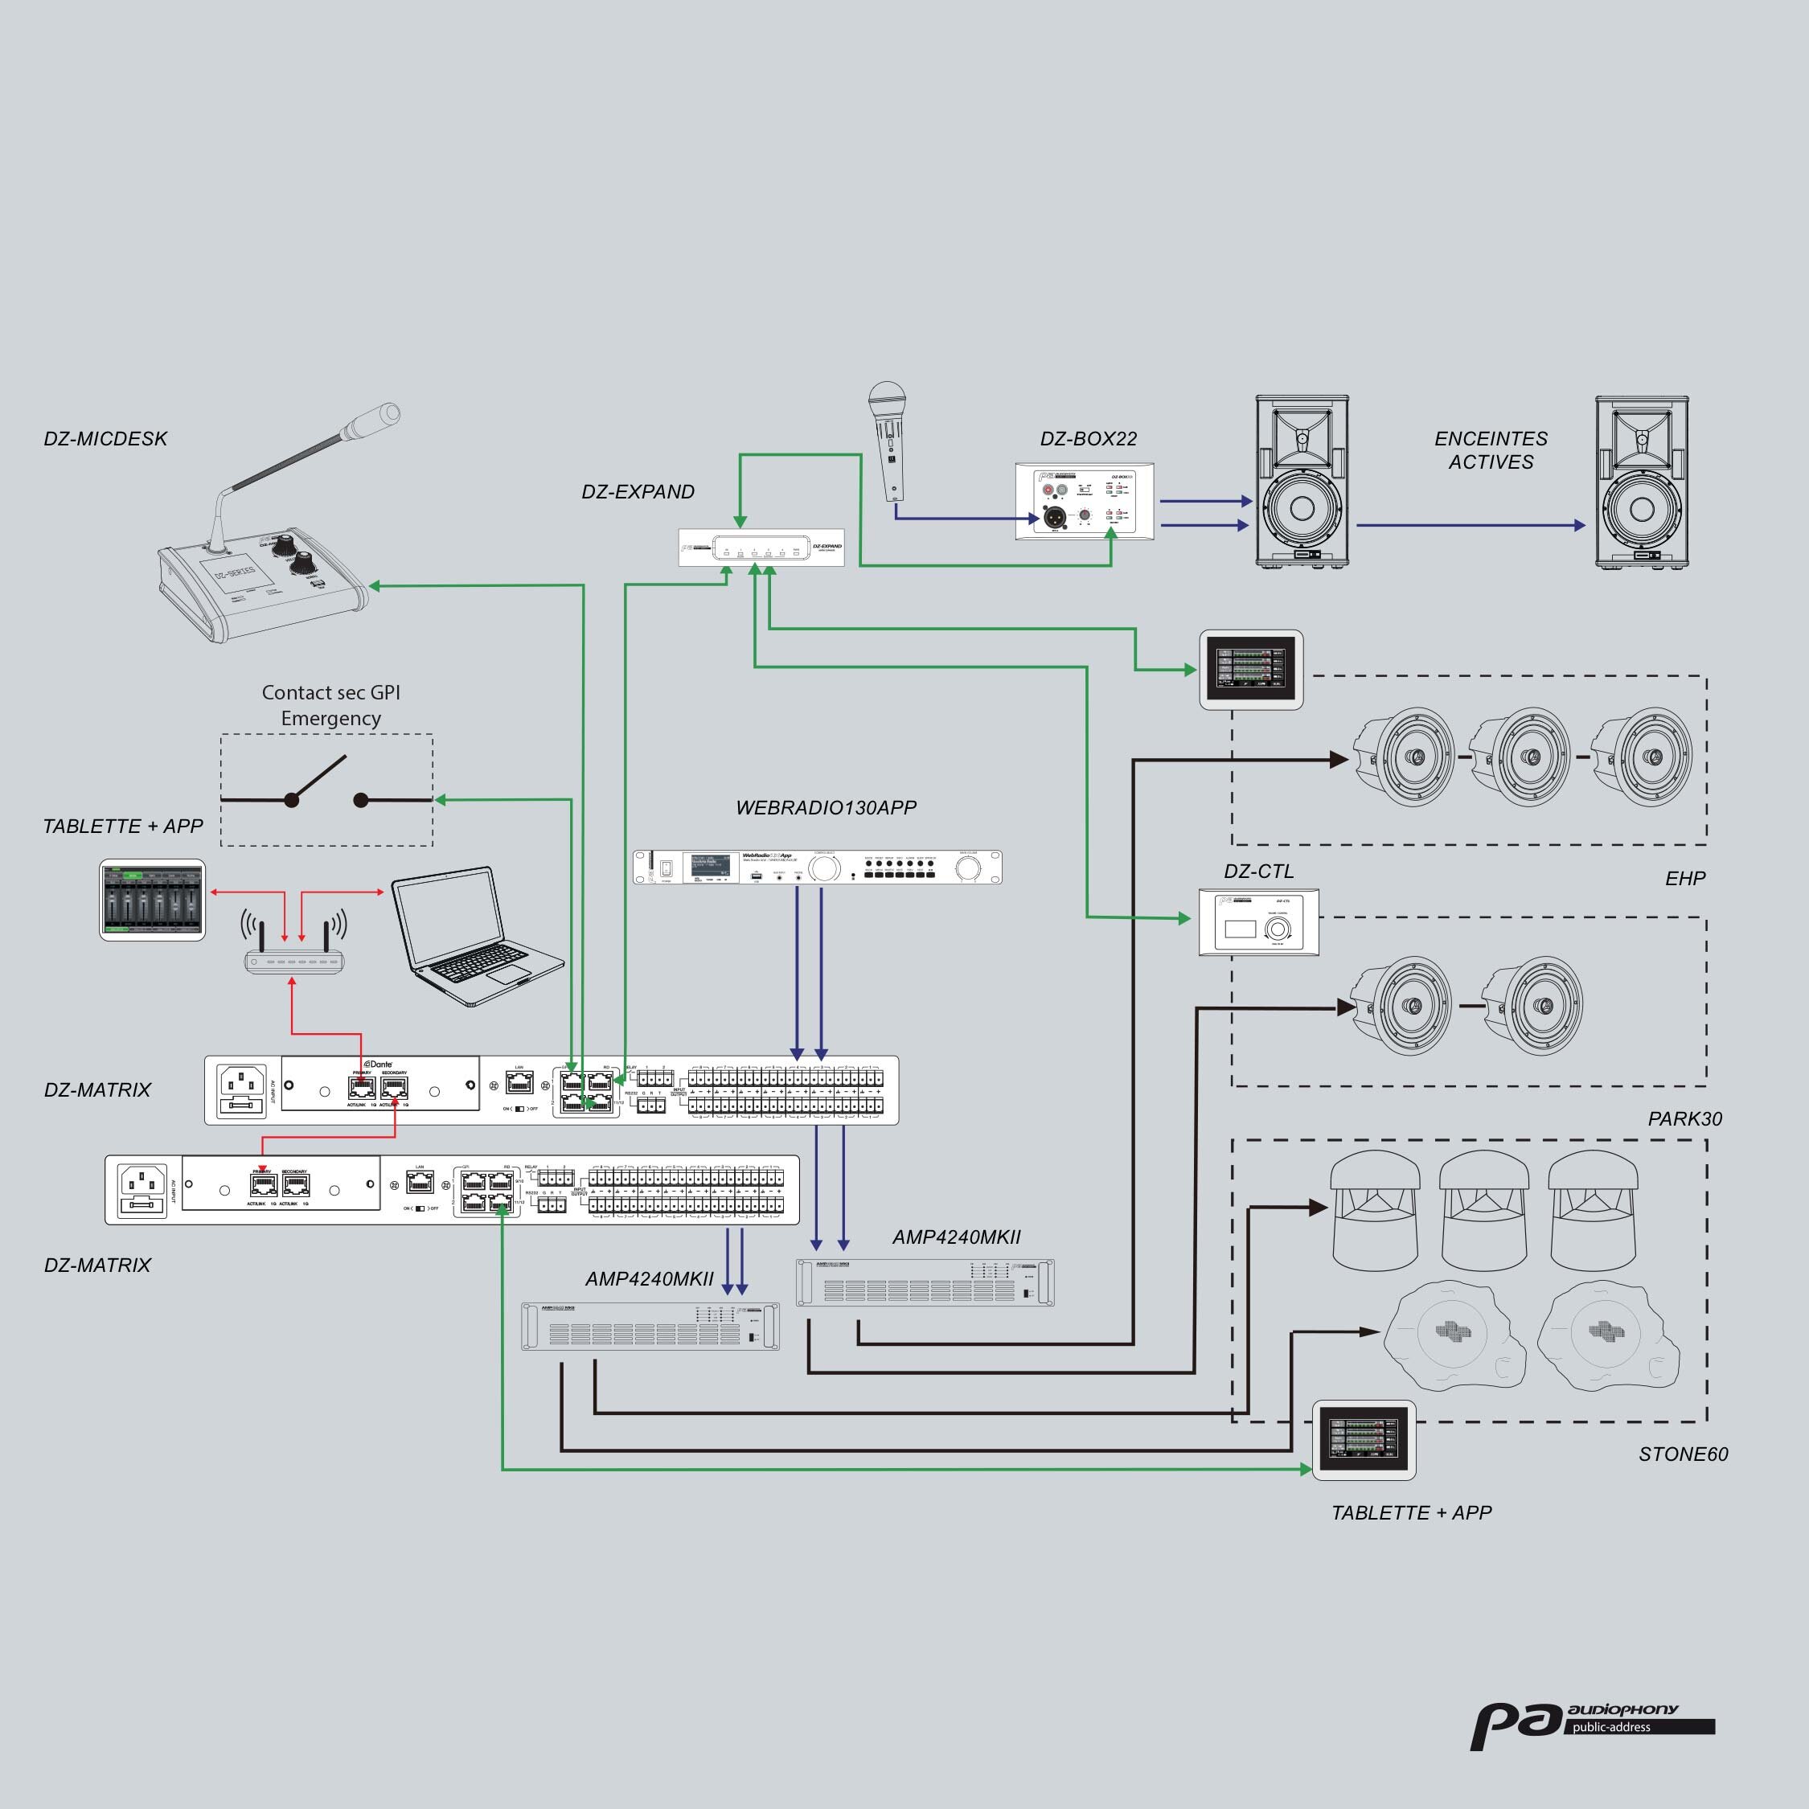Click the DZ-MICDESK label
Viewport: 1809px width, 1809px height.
click(105, 438)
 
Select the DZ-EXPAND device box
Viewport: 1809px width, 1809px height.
click(761, 548)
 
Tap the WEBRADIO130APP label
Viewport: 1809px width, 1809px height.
click(826, 807)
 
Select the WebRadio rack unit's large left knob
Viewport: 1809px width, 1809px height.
click(825, 868)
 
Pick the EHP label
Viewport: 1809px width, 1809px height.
click(1684, 878)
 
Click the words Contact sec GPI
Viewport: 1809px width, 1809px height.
click(330, 692)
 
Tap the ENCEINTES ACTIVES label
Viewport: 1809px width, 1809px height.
click(1491, 449)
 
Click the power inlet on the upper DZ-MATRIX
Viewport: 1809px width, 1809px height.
click(241, 1090)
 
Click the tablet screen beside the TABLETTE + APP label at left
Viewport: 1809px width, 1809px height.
click(152, 899)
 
